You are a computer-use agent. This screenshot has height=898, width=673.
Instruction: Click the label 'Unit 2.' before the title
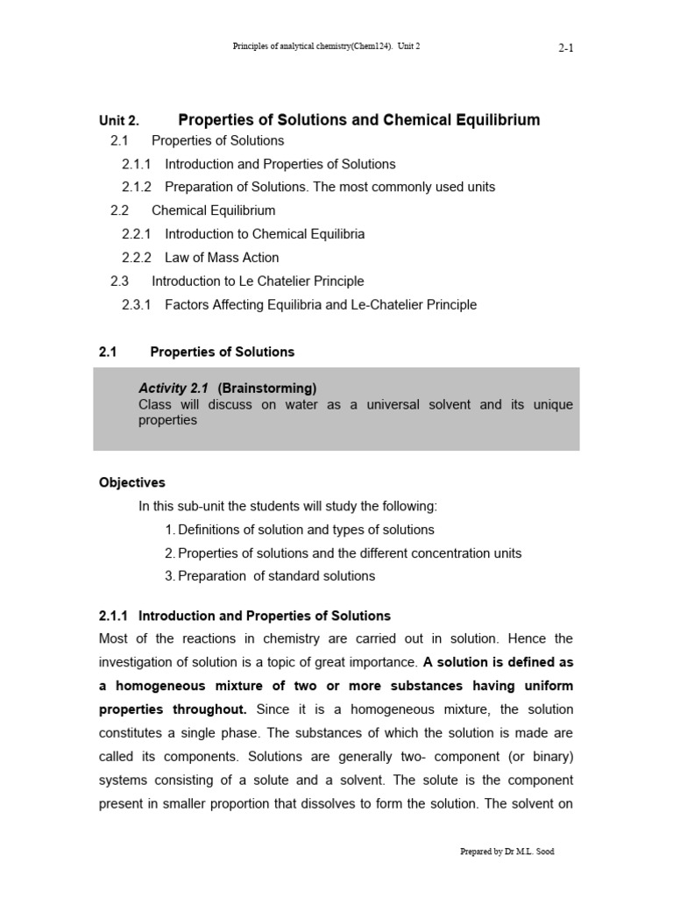[x=119, y=121]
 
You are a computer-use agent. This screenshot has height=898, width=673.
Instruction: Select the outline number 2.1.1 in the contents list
[x=136, y=164]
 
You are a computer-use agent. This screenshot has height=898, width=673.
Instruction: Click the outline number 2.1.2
[x=136, y=187]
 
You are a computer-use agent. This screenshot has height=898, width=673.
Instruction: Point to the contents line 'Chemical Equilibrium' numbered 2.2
[x=213, y=210]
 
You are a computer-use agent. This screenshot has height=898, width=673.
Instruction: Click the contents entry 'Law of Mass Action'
[x=222, y=258]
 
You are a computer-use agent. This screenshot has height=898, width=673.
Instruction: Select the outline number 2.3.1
[x=136, y=304]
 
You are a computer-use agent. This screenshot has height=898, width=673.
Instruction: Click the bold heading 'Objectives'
[x=132, y=482]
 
